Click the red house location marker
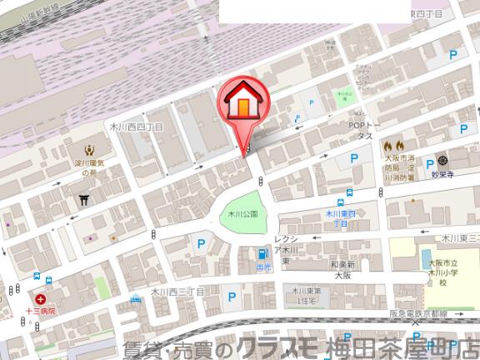pyautogui.click(x=242, y=103)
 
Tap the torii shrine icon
pyautogui.click(x=84, y=200)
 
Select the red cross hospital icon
pyautogui.click(x=39, y=297)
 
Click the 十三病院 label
pyautogui.click(x=39, y=310)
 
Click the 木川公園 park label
pyautogui.click(x=243, y=214)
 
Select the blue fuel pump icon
pyautogui.click(x=263, y=253)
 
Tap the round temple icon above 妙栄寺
pyautogui.click(x=442, y=159)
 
